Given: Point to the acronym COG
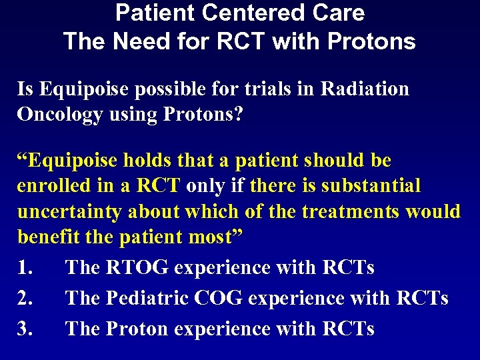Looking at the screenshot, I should [x=219, y=298].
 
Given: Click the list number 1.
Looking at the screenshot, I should [x=25, y=268].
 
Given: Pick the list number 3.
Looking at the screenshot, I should [x=25, y=329].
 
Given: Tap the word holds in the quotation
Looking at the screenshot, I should [x=145, y=161].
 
